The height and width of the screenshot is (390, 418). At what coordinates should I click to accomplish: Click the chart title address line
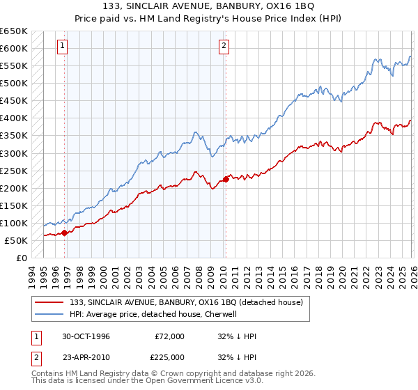209,6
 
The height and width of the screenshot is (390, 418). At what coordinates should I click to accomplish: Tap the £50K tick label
16,240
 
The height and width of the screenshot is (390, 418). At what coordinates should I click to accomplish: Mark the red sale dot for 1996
65,233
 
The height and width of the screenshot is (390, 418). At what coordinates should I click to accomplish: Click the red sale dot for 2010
226,179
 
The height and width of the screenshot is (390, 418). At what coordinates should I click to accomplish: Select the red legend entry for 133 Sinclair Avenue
185,302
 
